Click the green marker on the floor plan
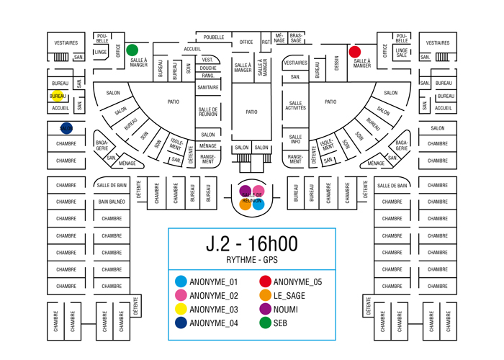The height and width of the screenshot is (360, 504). point(132,50)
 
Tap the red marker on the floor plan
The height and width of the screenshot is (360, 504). point(354,52)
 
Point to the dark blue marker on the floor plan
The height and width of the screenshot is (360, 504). point(66,128)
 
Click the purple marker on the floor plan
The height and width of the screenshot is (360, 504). point(246,190)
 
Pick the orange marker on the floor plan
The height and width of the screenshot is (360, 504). point(246,204)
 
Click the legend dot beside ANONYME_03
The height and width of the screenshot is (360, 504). point(181,309)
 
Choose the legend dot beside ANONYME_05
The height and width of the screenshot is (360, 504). point(265,282)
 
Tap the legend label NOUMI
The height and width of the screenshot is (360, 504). point(286,309)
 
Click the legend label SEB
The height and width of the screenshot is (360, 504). point(280,323)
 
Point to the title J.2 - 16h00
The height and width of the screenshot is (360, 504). point(252,243)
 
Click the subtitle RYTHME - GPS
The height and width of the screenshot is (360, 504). point(252,260)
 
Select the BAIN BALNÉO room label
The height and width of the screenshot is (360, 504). point(112,202)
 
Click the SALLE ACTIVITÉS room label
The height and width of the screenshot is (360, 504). point(295,106)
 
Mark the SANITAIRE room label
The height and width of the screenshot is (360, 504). point(208,87)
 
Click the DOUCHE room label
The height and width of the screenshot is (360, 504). point(208,68)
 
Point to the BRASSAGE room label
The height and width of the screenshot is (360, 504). point(296,37)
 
